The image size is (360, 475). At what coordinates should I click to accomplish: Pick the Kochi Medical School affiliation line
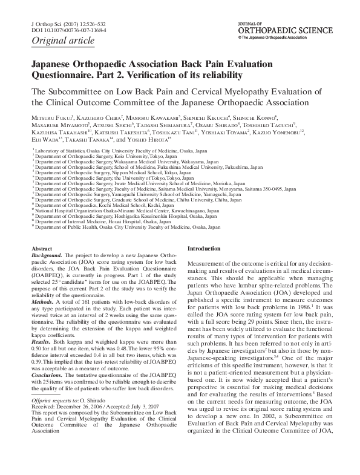93,205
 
